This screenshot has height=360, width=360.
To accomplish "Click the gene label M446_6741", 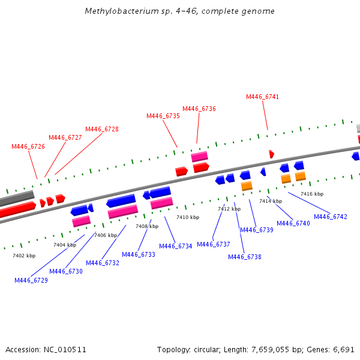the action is tap(262, 97).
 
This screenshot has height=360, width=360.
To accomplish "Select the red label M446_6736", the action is tap(199, 109).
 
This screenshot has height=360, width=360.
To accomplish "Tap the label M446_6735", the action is tap(163, 116).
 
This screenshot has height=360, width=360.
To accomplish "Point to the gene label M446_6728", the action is tap(102, 129).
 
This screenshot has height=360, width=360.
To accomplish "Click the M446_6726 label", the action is tap(28, 146).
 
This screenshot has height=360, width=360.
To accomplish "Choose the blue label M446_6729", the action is tap(31, 280).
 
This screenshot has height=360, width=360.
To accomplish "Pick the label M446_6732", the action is tap(103, 263).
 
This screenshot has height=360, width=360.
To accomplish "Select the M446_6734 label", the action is tap(175, 246).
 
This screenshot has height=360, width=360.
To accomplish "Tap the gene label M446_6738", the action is tap(245, 257).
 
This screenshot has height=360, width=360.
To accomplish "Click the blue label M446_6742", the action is tap(331, 217).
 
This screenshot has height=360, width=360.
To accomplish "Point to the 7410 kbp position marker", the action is tap(188, 217).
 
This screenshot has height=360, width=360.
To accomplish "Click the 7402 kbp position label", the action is tap(24, 256).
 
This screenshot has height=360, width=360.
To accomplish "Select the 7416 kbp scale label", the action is tap(312, 194).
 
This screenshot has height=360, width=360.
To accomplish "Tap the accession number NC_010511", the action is tap(65, 350).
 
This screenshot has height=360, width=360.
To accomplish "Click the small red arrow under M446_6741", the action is tap(272, 154).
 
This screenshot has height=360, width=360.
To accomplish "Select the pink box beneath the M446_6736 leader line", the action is tap(200, 157).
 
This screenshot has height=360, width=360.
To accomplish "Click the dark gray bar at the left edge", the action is tap(17, 198).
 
